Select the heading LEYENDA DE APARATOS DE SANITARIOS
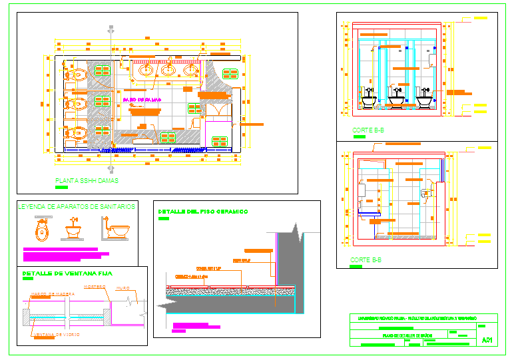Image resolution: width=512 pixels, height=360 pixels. [x=77, y=207]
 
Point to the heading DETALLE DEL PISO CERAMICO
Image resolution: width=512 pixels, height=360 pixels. [x=202, y=212]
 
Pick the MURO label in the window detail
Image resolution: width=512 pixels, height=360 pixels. [x=123, y=288]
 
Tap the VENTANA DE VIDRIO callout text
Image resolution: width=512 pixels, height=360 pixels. [x=56, y=335]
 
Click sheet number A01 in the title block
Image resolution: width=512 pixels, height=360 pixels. [x=487, y=340]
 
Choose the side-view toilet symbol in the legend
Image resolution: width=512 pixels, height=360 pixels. [x=116, y=229]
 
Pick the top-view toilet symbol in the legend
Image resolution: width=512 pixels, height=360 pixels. [x=42, y=231]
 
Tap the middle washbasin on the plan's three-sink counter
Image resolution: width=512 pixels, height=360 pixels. [x=169, y=69]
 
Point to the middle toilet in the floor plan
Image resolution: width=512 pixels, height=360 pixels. [x=76, y=103]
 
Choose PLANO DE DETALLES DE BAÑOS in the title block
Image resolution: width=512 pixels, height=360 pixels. [x=407, y=336]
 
